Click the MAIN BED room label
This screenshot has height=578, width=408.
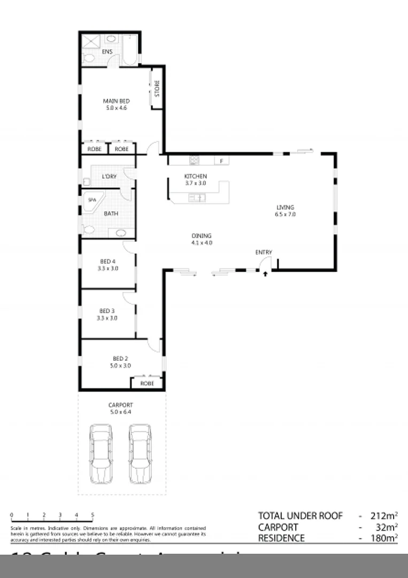click(x=116, y=101)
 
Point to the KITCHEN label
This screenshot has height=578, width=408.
click(x=195, y=176)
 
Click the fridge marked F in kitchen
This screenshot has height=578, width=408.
click(x=221, y=161)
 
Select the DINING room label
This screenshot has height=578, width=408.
click(x=202, y=235)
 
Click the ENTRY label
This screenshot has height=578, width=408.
click(x=264, y=253)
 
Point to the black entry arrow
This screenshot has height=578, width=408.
click(x=265, y=275)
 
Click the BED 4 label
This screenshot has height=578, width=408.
click(x=107, y=262)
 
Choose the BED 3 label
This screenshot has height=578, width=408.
click(x=107, y=311)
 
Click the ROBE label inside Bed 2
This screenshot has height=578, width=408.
click(x=147, y=384)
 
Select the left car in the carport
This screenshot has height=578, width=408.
click(x=101, y=453)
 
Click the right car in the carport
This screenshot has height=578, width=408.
click(x=140, y=453)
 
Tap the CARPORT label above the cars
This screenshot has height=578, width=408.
click(x=120, y=405)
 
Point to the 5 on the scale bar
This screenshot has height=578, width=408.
click(x=93, y=515)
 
